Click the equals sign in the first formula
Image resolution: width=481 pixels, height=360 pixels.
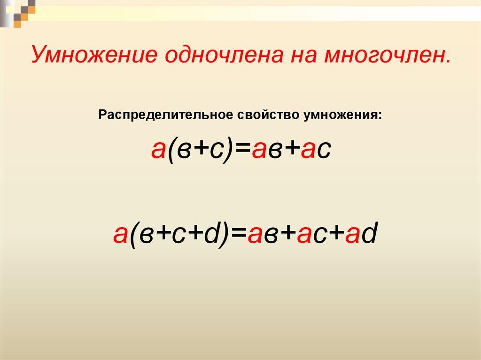(x=241, y=150)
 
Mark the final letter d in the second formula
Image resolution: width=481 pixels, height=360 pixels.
(x=369, y=234)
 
